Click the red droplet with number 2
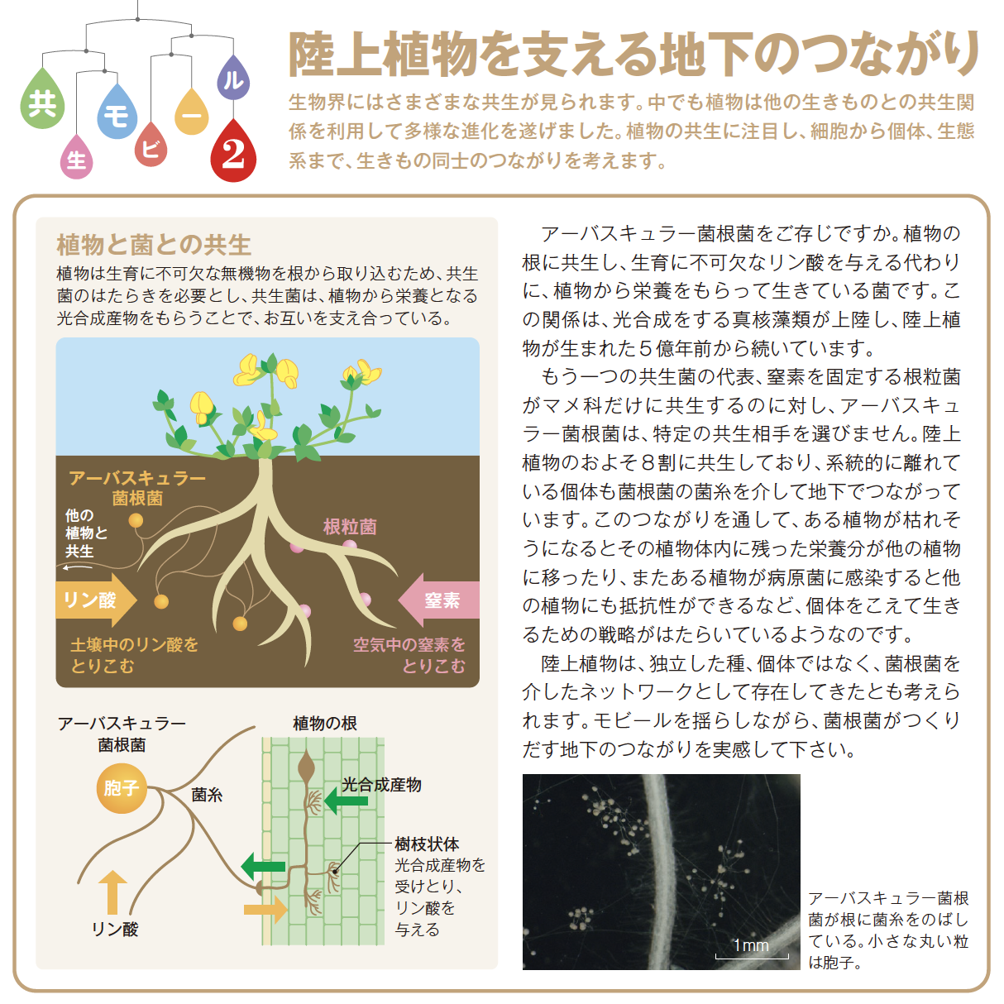[233, 153]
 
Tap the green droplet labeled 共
[43, 102]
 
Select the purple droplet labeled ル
[233, 80]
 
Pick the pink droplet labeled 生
[77, 160]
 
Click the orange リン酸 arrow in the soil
[96, 600]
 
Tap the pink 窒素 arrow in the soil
[438, 600]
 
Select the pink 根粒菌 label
[350, 527]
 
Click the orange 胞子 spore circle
[122, 788]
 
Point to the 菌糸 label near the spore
[207, 795]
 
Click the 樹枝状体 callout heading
[427, 844]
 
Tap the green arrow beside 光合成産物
[346, 801]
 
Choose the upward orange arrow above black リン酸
[112, 892]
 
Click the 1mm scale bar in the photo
[752, 957]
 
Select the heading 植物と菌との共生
[154, 245]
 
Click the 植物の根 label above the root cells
[324, 723]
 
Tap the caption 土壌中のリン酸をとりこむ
[135, 656]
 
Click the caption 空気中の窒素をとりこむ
[409, 656]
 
